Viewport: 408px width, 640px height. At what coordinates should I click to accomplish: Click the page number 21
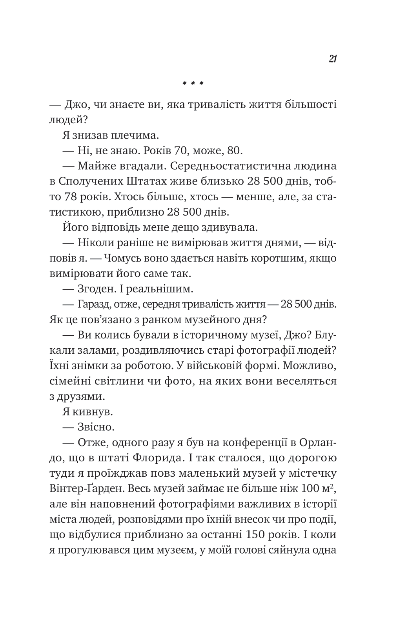click(x=333, y=59)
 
